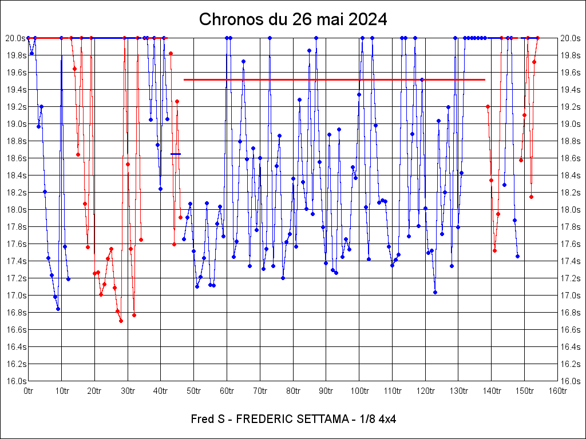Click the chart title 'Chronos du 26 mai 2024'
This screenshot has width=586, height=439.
[293, 19]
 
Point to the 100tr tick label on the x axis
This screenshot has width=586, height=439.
[359, 391]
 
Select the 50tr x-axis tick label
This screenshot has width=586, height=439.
[193, 391]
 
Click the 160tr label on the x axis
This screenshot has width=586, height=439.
[557, 391]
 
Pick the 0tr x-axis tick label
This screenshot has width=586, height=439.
[29, 391]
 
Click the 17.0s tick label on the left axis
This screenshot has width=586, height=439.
[15, 296]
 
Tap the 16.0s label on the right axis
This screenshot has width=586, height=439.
[571, 381]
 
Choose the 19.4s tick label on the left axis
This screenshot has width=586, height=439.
[15, 90]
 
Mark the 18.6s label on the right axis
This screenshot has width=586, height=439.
[571, 158]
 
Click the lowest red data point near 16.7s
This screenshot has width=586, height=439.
[121, 321]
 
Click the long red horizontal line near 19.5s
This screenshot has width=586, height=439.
[334, 79]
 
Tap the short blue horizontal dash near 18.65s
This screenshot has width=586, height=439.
[176, 154]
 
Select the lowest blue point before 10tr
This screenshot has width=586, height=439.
[58, 309]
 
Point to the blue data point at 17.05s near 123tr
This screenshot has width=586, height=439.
[435, 292]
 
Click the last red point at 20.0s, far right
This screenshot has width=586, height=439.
[537, 38]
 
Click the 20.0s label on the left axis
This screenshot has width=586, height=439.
[15, 38]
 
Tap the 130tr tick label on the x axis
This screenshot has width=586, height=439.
[458, 391]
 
